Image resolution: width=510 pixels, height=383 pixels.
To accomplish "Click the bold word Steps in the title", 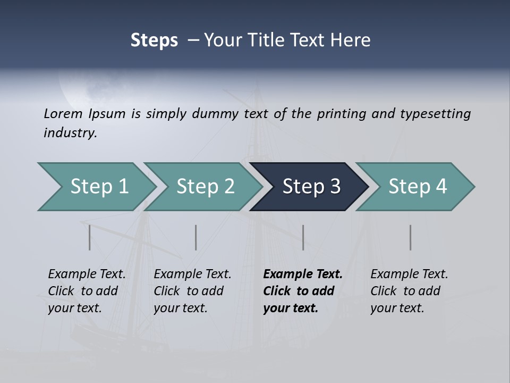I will coord(154,40).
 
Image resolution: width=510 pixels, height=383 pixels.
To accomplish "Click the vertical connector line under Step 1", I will coord(90,237).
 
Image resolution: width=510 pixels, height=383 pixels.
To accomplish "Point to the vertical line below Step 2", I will coord(196,237).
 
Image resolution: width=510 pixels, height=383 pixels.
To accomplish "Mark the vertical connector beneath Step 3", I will coord(303,237).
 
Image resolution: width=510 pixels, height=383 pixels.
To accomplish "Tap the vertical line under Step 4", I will coord(411,237).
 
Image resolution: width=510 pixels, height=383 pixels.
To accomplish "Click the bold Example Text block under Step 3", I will coord(303,291).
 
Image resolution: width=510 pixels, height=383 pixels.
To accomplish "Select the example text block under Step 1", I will coord(87,291).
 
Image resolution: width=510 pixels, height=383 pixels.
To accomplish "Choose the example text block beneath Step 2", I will coord(192,291).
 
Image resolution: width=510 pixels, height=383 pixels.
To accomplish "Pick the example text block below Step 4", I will coord(409,291).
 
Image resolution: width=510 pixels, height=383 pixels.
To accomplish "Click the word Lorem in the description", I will coord(63,114).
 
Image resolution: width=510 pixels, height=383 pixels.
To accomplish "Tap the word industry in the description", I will coord(70,133).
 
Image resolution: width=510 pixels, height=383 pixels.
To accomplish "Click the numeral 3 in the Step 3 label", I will coord(335,187).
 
